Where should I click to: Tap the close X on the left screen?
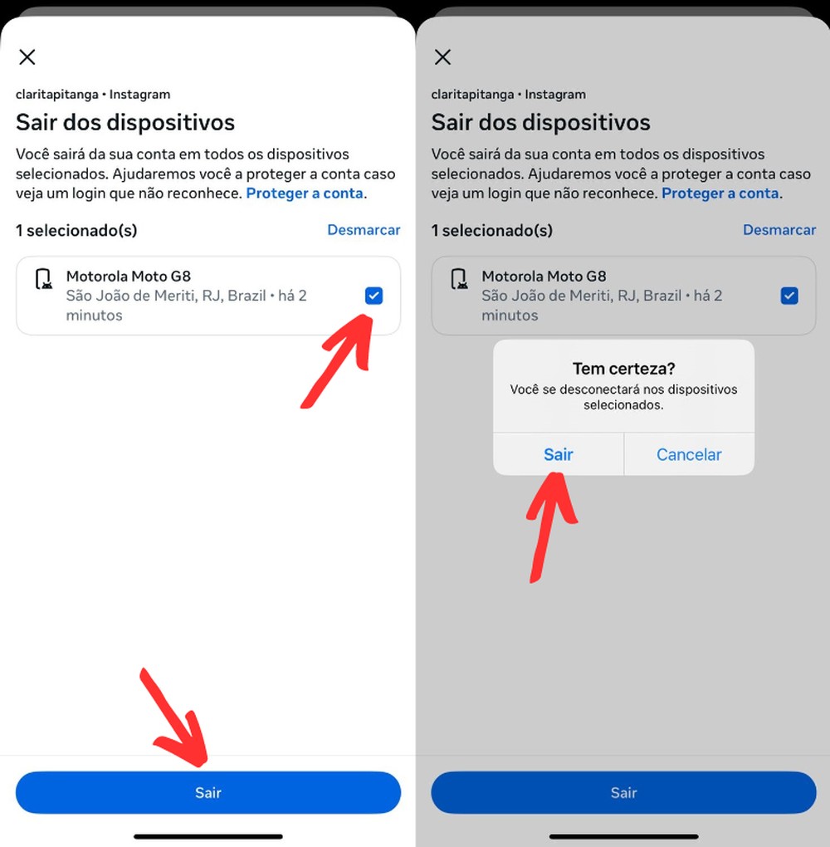point(27,56)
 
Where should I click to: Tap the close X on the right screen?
point(443,56)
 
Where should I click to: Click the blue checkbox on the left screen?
point(373,296)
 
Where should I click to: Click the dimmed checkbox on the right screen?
point(789,296)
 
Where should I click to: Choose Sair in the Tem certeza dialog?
point(558,454)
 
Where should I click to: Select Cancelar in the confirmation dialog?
point(689,454)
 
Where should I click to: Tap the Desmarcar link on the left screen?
point(364,230)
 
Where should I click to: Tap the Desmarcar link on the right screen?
point(779,230)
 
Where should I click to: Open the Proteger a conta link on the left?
point(305,193)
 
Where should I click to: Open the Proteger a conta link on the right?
point(720,193)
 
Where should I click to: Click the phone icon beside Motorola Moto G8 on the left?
point(43,280)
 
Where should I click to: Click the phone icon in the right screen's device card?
point(459,280)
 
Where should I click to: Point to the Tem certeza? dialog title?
point(623,369)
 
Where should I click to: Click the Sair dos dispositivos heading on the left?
point(125,123)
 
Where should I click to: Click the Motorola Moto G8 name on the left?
point(129,277)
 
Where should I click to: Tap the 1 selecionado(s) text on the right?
point(491,230)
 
